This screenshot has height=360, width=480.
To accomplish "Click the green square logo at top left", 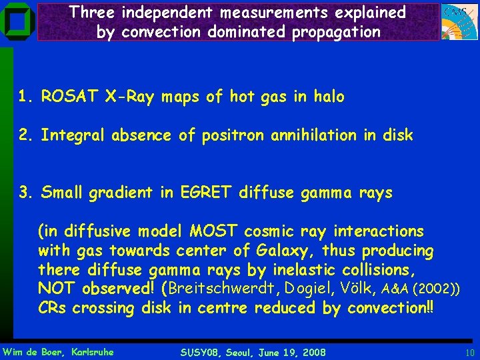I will pyautogui.click(x=17, y=22).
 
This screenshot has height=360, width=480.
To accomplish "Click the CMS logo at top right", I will pyautogui.click(x=460, y=22).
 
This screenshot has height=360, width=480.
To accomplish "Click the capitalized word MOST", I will pyautogui.click(x=215, y=231).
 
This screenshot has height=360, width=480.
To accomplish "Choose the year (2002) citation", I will pyautogui.click(x=438, y=289).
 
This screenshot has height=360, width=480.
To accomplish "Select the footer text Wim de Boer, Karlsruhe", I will pyautogui.click(x=59, y=351).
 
